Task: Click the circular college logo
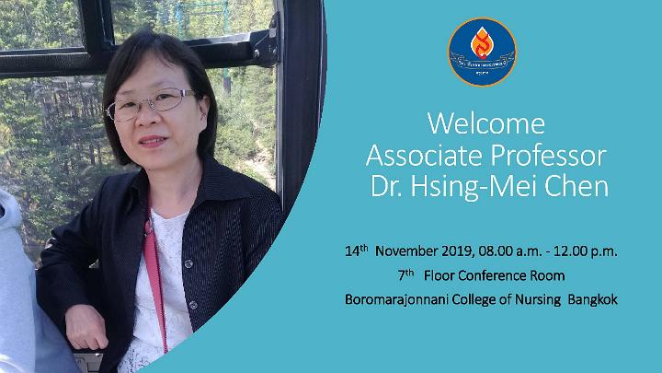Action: tap(482, 52)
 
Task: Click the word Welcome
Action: tap(486, 123)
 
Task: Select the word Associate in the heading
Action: tap(424, 156)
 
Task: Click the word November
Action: tap(406, 251)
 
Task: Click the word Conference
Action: tap(492, 275)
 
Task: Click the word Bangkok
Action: tap(592, 300)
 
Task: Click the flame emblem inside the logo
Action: tap(482, 42)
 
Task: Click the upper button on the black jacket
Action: tap(188, 264)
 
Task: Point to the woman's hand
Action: tap(86, 326)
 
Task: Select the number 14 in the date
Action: tap(351, 251)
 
